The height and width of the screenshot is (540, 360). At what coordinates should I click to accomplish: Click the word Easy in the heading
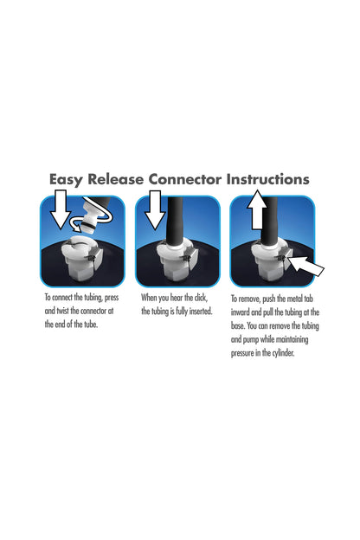point(66,180)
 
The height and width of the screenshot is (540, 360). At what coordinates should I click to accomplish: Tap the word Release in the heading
point(115,179)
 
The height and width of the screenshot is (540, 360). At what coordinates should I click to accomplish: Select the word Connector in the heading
point(185,179)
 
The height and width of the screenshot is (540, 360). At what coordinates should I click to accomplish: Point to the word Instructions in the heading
point(267,179)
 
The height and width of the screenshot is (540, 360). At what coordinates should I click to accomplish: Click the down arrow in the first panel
point(61,209)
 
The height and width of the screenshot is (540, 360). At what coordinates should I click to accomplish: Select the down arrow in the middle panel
point(155,209)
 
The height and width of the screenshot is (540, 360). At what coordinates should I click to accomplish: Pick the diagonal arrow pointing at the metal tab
point(305,266)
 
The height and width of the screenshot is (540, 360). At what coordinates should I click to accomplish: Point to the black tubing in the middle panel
point(177,221)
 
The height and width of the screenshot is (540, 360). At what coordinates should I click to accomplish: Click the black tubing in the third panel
point(269,221)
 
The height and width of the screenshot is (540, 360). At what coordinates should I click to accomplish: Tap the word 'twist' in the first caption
point(63,311)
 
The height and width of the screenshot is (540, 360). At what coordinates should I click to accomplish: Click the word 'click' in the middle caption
point(201,298)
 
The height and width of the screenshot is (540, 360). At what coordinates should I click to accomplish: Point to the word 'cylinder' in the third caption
point(284,353)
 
